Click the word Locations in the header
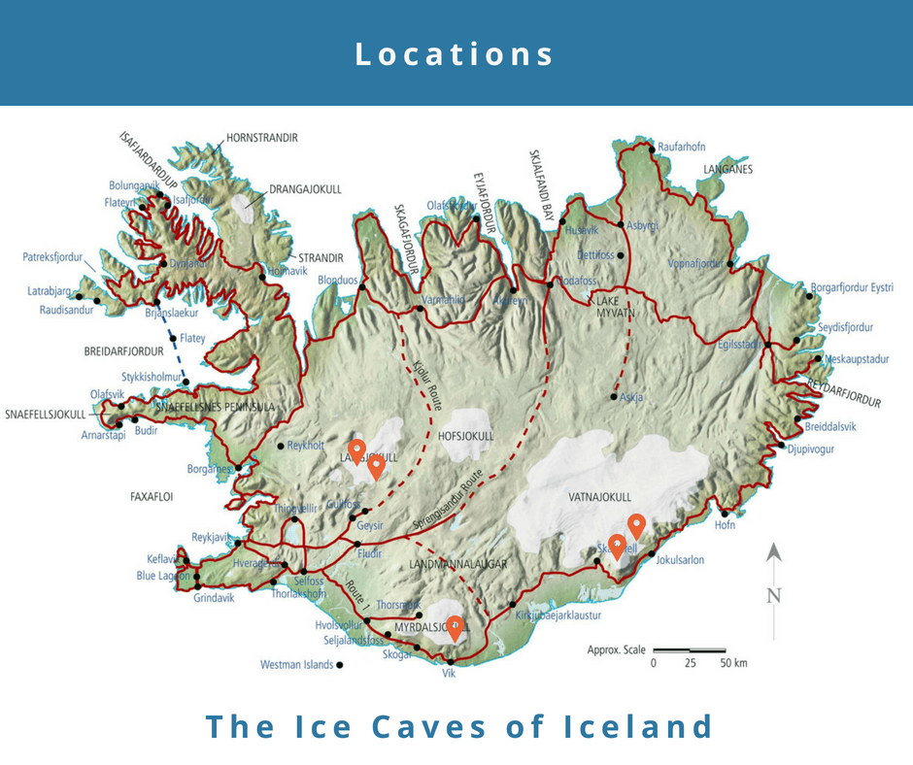tap(456, 53)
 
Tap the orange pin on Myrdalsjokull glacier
tap(455, 626)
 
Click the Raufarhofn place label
tap(682, 147)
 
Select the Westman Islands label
tap(296, 665)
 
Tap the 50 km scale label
tap(734, 664)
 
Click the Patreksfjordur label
tap(53, 258)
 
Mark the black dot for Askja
tap(614, 396)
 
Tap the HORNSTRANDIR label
tap(261, 138)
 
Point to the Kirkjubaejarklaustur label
tap(558, 615)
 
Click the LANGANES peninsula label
tap(728, 169)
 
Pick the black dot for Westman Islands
tap(340, 665)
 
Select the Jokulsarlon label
tap(680, 560)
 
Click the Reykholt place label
tap(308, 446)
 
